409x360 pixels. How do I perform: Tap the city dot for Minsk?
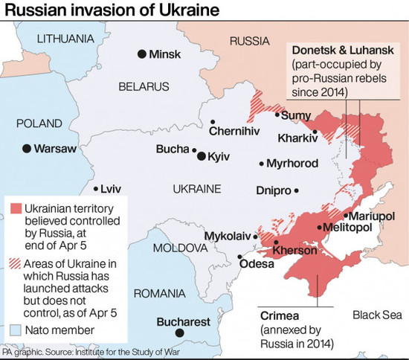141,54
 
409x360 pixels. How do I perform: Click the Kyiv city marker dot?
201,156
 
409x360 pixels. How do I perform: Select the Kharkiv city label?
296,138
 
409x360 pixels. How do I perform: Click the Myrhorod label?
293,164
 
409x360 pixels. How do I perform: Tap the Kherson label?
295,251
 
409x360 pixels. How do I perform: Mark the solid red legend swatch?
15,208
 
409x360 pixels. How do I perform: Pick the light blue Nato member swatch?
15,330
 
